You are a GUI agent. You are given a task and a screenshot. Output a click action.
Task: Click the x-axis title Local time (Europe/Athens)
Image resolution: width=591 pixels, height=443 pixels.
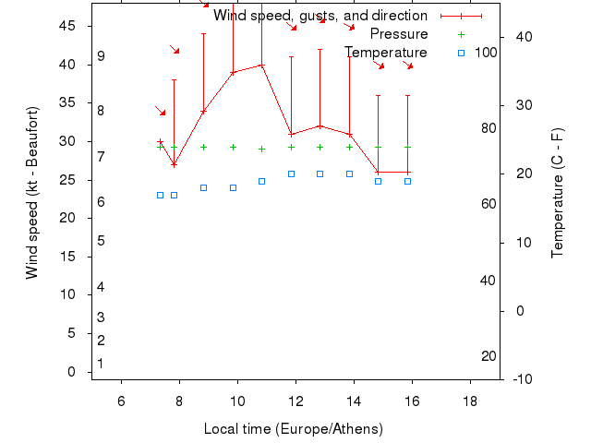[293, 429]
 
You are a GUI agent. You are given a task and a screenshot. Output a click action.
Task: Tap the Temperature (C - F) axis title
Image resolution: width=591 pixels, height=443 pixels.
[557, 194]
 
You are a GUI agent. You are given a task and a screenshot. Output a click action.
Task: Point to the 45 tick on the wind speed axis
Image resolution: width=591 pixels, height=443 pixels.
[67, 26]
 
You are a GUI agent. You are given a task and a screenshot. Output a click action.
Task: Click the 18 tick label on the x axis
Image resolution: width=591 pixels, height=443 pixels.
[470, 400]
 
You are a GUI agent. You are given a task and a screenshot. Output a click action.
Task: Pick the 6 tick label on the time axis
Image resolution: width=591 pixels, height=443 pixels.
[121, 400]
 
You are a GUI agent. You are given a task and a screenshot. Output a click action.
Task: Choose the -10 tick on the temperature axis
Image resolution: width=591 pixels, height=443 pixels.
[523, 378]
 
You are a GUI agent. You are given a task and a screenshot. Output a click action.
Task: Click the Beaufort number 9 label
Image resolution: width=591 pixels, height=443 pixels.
[101, 56]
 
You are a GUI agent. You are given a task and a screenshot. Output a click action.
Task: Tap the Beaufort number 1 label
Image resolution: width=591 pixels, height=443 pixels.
[101, 364]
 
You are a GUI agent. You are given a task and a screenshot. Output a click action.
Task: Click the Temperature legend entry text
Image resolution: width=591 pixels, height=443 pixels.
[386, 53]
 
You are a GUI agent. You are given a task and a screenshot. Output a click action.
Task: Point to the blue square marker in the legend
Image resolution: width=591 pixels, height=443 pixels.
[461, 53]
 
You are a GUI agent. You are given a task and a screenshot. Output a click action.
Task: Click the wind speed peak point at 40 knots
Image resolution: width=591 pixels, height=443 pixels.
[262, 65]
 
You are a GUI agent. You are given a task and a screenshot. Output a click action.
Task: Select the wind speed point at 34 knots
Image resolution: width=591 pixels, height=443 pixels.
[203, 111]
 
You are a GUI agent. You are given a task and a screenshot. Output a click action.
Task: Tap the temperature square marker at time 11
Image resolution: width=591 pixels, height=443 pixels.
[262, 181]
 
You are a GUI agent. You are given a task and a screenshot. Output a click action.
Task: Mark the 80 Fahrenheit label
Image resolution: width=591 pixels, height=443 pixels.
[488, 127]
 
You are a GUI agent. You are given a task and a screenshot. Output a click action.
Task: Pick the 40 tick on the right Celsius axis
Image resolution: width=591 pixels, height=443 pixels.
[523, 37]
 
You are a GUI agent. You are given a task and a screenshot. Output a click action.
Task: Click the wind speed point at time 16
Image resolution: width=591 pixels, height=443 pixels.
[407, 173]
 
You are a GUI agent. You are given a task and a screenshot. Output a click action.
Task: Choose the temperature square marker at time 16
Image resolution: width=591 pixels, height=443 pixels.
[407, 181]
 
